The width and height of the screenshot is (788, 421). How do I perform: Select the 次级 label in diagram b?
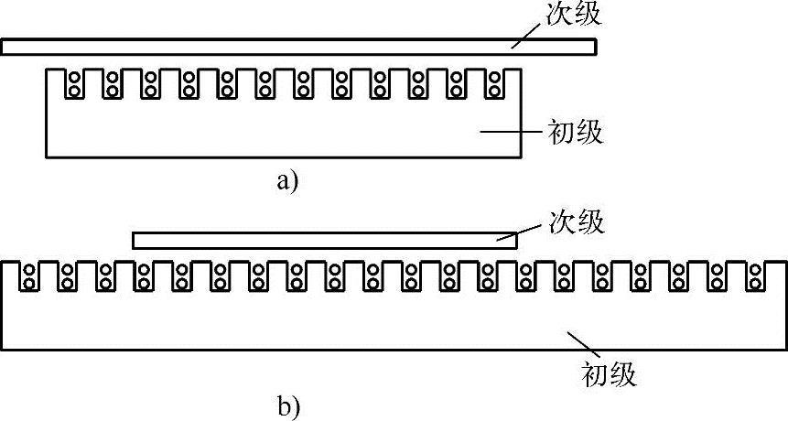(576, 222)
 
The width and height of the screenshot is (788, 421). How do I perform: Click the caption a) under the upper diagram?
(287, 181)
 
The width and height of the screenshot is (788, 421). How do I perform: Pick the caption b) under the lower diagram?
(286, 404)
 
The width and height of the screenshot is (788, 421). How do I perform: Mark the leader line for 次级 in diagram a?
(528, 34)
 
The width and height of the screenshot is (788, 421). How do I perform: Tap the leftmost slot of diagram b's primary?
(30, 277)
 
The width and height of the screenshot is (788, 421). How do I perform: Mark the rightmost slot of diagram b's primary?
(756, 277)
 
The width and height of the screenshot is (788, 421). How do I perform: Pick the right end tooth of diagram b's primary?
(776, 275)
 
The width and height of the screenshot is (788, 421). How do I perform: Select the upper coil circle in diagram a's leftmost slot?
(73, 78)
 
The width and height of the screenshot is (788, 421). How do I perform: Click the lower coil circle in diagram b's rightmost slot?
(756, 284)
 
